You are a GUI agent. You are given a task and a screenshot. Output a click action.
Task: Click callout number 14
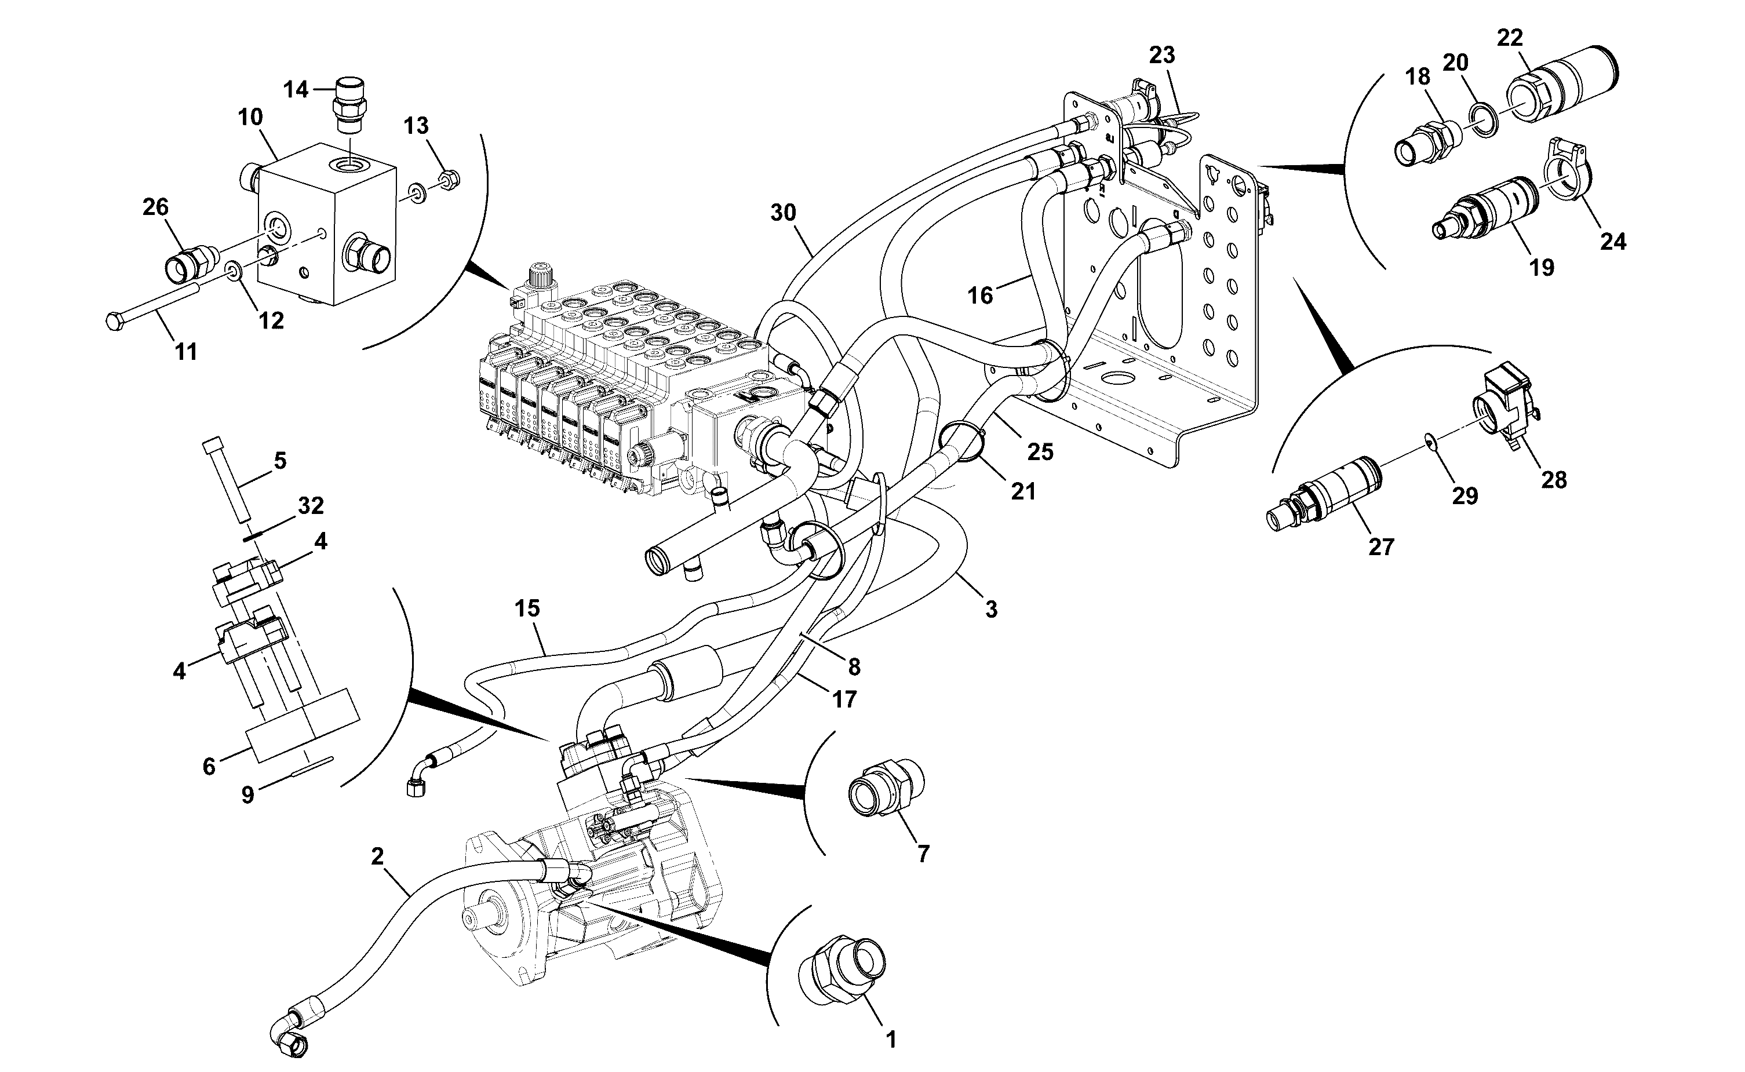(296, 90)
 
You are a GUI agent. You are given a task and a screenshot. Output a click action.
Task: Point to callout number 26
(155, 207)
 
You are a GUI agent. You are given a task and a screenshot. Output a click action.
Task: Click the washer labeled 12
(232, 269)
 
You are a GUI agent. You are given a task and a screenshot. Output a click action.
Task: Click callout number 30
(783, 212)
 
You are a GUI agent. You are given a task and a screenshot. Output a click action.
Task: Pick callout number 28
(1554, 480)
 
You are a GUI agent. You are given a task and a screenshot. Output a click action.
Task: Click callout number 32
(311, 505)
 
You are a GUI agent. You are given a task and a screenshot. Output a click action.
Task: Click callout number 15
(527, 608)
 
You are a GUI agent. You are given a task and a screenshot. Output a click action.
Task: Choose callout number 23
(1161, 54)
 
